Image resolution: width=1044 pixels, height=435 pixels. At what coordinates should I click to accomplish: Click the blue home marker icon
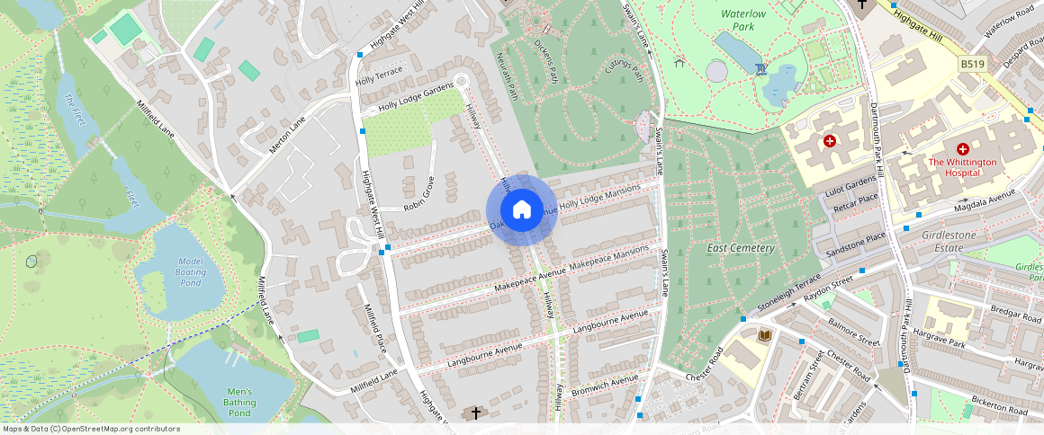[521, 210]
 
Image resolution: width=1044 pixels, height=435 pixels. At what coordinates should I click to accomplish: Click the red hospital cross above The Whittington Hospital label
[962, 147]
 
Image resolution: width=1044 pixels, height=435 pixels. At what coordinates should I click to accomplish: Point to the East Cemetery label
[740, 248]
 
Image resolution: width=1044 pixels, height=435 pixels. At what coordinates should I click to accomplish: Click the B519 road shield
[971, 65]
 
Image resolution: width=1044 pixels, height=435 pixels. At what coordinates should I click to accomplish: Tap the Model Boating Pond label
[190, 271]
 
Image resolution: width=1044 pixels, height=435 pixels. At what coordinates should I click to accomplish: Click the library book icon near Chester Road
[765, 335]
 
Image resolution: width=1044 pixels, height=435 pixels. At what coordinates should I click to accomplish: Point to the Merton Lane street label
[287, 135]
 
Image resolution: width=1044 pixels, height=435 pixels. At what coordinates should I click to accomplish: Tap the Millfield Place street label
[373, 327]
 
